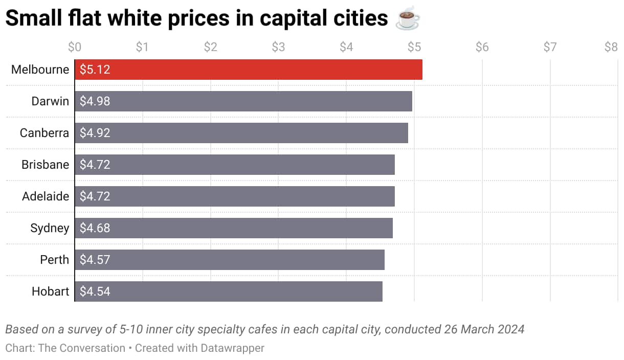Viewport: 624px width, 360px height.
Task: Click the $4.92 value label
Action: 95,133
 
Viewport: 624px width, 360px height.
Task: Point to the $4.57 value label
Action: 95,260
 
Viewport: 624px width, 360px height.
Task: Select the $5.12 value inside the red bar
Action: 95,70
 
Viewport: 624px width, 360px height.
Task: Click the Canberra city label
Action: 44,133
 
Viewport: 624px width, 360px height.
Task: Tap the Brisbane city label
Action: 45,165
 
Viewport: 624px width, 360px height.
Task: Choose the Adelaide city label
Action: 46,196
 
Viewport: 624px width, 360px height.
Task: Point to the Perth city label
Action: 54,260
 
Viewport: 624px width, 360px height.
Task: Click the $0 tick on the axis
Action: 75,48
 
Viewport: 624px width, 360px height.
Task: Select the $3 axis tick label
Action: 278,48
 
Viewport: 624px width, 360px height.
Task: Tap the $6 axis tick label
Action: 482,48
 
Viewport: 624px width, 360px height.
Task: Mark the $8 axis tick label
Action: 611,48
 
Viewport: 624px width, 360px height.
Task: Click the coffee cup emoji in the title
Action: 408,19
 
